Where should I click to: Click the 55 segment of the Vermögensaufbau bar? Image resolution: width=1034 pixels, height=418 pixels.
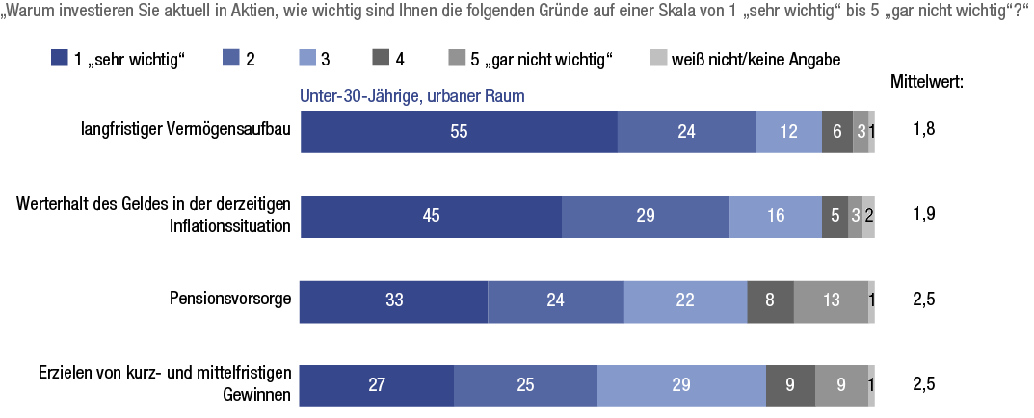(x=459, y=132)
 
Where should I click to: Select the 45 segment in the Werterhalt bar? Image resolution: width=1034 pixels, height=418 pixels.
(x=431, y=216)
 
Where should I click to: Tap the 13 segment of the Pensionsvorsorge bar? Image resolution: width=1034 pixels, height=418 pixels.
(x=830, y=300)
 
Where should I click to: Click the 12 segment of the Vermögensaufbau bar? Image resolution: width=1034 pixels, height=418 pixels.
(x=788, y=132)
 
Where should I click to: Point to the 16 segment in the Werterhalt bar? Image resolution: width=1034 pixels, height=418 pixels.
(x=775, y=216)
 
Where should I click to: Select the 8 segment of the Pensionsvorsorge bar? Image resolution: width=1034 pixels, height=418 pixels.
(x=770, y=300)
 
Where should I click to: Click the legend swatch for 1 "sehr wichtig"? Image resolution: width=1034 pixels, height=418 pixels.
(x=59, y=60)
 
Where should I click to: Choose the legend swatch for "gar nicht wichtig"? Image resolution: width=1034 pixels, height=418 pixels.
(x=460, y=60)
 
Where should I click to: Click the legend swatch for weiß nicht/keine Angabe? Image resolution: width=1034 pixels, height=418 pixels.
(x=659, y=60)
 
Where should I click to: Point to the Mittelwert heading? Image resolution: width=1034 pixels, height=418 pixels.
(x=927, y=82)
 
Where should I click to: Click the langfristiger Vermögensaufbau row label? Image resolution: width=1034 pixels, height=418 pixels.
(x=185, y=132)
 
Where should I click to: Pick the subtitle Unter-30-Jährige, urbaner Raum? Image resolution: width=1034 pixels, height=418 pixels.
(x=411, y=97)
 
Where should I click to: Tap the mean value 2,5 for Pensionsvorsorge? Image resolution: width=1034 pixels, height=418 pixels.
(x=924, y=300)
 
